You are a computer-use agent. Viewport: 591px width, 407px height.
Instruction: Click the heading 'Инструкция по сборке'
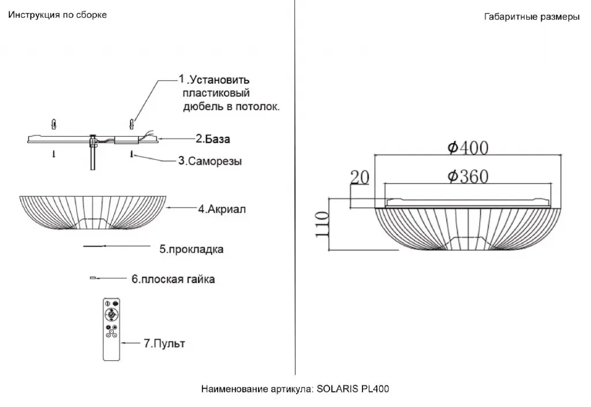click(57, 15)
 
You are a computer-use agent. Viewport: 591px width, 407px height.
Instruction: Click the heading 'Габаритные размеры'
click(532, 17)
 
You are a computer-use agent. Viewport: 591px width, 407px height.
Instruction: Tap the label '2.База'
click(212, 139)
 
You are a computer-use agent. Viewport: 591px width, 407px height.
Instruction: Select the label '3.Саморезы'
click(210, 162)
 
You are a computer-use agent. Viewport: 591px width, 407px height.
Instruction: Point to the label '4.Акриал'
click(222, 210)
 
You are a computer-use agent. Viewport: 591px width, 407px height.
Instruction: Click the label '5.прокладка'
click(191, 250)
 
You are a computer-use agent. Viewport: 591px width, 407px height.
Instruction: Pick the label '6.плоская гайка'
click(173, 279)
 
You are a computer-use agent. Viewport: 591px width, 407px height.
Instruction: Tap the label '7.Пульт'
click(164, 344)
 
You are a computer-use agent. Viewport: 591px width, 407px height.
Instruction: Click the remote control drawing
click(111, 328)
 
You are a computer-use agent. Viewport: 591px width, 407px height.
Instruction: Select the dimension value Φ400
click(468, 148)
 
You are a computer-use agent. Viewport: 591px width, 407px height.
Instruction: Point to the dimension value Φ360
click(468, 176)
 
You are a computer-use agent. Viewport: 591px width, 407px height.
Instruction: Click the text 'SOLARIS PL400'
click(353, 389)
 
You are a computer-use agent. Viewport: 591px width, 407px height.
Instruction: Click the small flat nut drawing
click(92, 279)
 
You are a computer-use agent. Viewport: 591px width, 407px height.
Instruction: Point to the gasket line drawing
click(92, 247)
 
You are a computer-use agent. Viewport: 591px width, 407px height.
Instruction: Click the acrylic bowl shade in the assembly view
click(92, 211)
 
